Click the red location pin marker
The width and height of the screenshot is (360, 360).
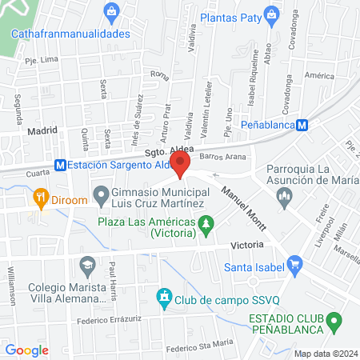tap(180, 165)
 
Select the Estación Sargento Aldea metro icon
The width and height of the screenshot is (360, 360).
tap(59, 165)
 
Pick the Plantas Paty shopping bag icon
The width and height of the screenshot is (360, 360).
tap(272, 14)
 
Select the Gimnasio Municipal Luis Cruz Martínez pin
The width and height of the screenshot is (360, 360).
tap(102, 194)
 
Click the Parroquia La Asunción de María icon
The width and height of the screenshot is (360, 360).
tap(280, 204)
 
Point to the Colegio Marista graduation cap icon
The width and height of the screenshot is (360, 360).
tap(86, 263)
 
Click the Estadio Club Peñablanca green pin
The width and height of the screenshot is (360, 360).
tap(336, 322)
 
